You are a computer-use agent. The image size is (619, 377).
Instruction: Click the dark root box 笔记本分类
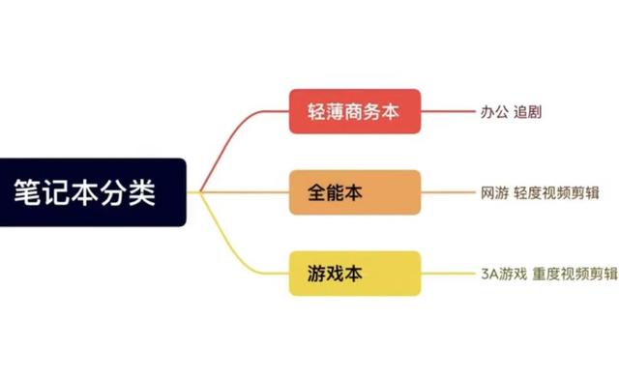[x=93, y=192]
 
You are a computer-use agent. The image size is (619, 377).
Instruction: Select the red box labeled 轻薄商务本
[x=355, y=112]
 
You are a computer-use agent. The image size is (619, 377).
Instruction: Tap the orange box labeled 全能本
[x=355, y=192]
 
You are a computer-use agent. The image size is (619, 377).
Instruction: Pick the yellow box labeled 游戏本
[x=355, y=274]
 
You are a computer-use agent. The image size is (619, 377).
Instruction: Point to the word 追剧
[x=527, y=112]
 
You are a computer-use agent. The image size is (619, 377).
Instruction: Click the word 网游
[x=494, y=192]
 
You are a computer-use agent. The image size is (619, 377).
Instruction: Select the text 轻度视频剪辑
[x=561, y=192]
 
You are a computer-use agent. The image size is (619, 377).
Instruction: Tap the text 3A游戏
[x=503, y=274]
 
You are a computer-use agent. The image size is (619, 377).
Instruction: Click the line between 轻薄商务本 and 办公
[x=449, y=112]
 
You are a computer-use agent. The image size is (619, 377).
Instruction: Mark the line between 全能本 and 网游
[x=449, y=192]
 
